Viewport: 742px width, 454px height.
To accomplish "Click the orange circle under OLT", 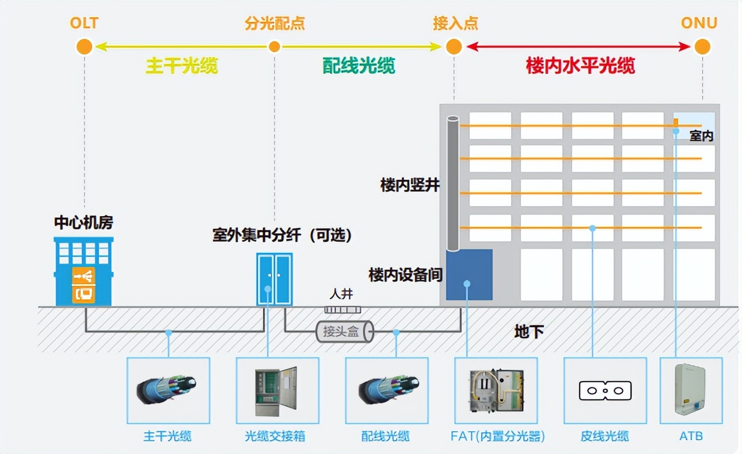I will click(x=84, y=47).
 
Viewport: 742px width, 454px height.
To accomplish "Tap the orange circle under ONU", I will click(x=702, y=47).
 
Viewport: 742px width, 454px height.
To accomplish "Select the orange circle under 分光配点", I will click(x=274, y=47).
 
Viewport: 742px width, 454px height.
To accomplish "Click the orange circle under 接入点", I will click(x=454, y=47).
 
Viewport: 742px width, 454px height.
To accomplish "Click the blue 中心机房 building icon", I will click(x=84, y=271).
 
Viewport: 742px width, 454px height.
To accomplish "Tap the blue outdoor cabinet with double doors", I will click(x=274, y=279).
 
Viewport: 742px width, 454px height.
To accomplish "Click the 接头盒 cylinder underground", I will click(x=344, y=332).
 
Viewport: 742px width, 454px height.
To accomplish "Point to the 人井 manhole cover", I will click(x=343, y=309).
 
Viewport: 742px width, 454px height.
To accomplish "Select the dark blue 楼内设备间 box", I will click(x=469, y=275).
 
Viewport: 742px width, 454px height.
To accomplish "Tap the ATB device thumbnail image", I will click(x=690, y=390).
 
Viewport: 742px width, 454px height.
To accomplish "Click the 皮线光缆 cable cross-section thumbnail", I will click(x=605, y=391).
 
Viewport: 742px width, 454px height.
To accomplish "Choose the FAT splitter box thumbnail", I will click(x=496, y=390).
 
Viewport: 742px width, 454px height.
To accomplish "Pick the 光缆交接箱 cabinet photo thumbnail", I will click(x=276, y=391).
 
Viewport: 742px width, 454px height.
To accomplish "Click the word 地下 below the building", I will click(x=529, y=332).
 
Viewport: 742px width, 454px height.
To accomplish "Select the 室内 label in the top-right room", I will click(x=701, y=137).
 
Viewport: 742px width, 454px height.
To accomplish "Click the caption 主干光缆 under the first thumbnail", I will click(x=167, y=436).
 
